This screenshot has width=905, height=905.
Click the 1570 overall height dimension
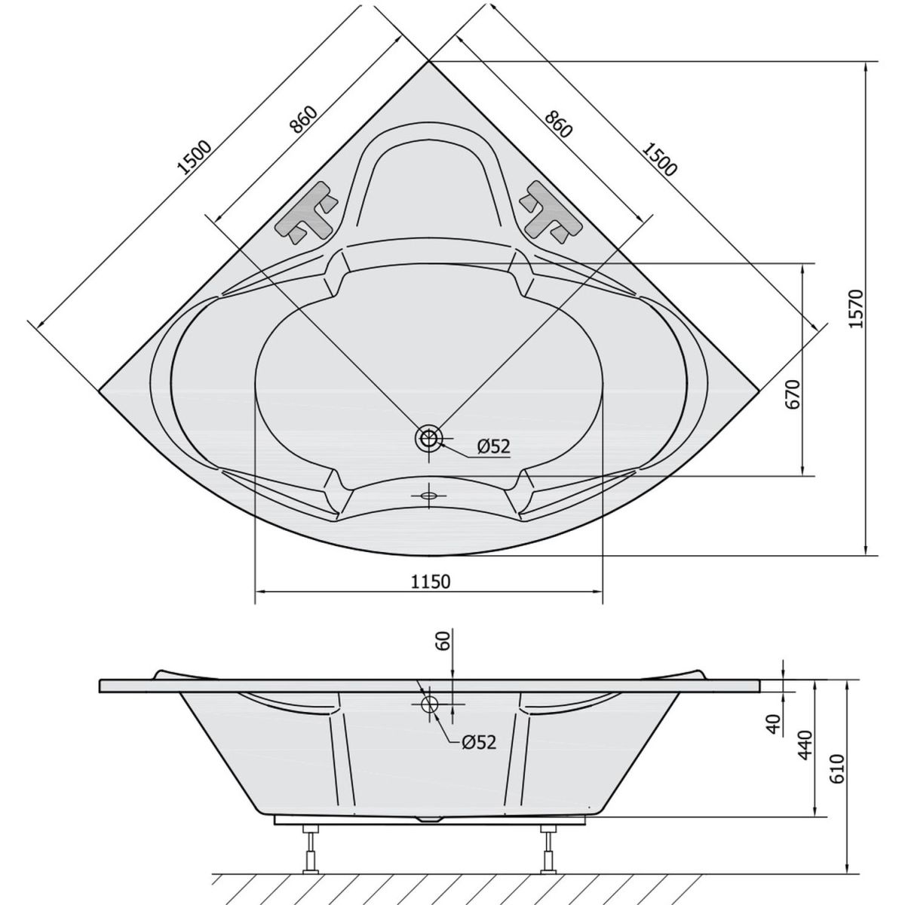pos(856,308)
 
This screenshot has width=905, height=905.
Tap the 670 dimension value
pos(793,394)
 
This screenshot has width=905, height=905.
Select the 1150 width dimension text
pos(430,582)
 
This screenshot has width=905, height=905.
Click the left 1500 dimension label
pos(195,157)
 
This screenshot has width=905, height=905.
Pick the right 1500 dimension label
pos(659,159)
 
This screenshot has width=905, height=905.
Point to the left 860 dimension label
pos(304,120)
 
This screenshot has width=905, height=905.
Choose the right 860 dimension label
pos(558,124)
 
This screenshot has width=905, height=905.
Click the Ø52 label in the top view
pos(492,446)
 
